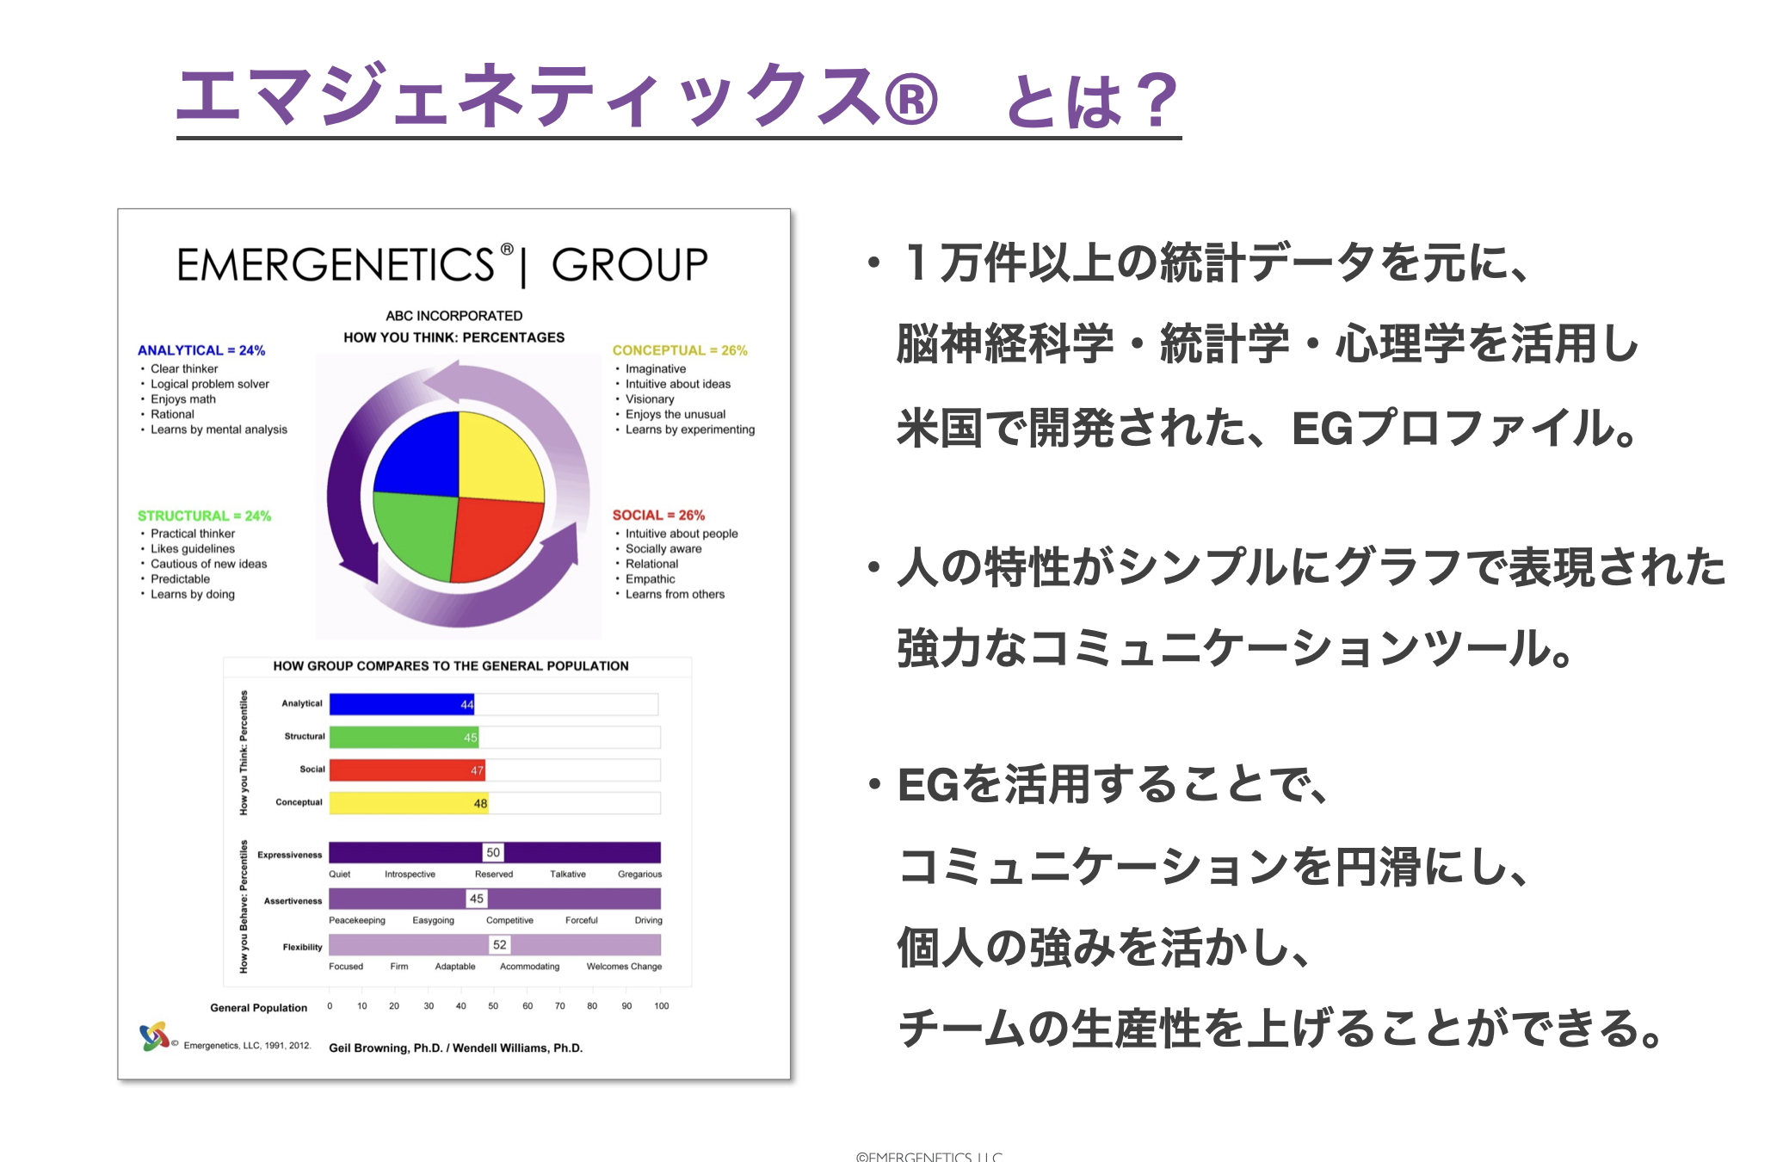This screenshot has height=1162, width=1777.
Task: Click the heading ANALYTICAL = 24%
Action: (x=201, y=350)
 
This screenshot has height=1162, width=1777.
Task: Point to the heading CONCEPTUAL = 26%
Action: (x=680, y=350)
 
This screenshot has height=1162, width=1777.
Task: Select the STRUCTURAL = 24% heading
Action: (x=204, y=516)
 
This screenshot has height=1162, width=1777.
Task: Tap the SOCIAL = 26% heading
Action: (x=658, y=515)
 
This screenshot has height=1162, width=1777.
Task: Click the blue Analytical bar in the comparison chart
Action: (x=400, y=704)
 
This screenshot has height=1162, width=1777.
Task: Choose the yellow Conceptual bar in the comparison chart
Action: (x=408, y=803)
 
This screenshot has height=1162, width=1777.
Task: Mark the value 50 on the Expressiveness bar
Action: (x=493, y=852)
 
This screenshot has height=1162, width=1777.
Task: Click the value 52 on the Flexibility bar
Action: (x=500, y=944)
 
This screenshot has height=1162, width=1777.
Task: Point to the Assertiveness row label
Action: (x=293, y=901)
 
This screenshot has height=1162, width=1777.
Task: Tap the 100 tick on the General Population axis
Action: (x=661, y=1005)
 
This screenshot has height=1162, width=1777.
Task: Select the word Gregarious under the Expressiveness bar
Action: (x=639, y=875)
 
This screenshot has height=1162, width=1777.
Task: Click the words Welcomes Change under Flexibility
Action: (x=624, y=967)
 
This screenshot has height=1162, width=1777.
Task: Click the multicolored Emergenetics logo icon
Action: (x=154, y=1036)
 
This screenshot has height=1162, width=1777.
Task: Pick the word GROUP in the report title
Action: (x=629, y=264)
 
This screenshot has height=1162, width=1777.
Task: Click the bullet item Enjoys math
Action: (x=183, y=399)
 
